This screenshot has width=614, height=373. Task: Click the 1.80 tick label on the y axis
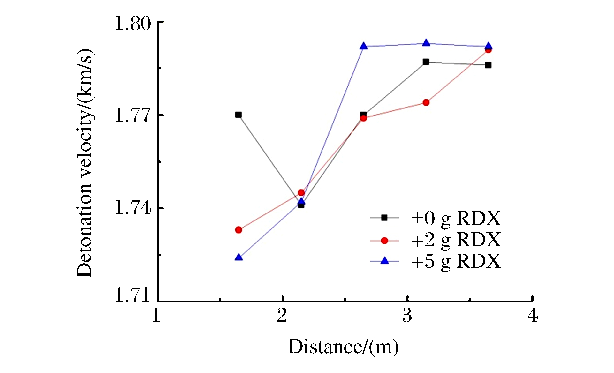133,24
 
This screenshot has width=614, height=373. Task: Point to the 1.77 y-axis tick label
133,115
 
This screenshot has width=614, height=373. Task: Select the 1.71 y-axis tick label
133,295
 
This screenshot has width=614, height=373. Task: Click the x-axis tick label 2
282,316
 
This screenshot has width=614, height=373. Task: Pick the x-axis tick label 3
407,316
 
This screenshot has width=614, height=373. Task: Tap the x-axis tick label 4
532,316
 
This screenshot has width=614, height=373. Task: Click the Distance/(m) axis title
343,347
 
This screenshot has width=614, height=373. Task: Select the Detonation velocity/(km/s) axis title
85,163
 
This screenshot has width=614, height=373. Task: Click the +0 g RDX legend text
456,219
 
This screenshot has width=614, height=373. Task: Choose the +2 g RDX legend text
456,240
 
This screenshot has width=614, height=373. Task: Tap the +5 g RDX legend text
456,261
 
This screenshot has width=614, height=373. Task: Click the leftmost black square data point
239,115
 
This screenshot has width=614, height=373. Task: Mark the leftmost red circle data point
239,230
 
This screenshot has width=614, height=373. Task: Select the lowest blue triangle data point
239,257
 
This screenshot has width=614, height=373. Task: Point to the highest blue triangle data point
426,43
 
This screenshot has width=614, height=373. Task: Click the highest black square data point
426,62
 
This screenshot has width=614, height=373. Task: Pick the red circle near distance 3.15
426,102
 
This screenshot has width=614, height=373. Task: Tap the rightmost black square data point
488,65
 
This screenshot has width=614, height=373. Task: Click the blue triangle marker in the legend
385,261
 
